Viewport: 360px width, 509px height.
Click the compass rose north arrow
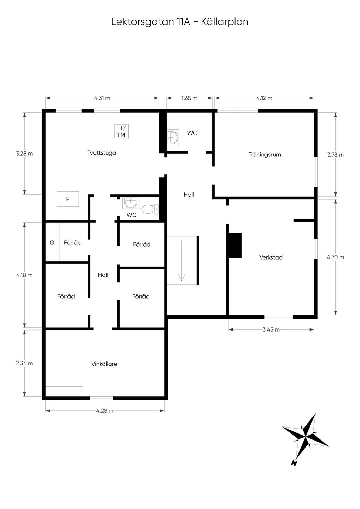click(305, 437)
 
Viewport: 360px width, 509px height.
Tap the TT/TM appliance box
click(121, 131)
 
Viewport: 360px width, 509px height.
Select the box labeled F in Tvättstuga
click(68, 199)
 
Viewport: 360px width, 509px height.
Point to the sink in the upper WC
click(173, 138)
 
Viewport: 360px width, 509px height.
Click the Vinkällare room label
click(104, 364)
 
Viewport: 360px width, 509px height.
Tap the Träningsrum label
click(264, 155)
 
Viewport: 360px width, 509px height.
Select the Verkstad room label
click(271, 257)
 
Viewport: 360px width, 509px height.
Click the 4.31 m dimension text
click(102, 98)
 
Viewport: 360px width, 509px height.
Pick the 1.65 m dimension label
click(189, 98)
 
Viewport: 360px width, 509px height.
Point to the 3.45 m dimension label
click(271, 329)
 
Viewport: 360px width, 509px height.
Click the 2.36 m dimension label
click(24, 363)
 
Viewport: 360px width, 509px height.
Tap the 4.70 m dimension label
click(335, 257)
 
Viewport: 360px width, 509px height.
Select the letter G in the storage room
click(52, 243)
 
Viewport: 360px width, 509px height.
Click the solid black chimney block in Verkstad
click(234, 245)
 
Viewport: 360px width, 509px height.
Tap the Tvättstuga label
click(102, 153)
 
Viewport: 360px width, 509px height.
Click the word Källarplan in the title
click(225, 22)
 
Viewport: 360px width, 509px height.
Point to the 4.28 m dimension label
click(105, 411)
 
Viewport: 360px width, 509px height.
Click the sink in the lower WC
click(131, 203)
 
